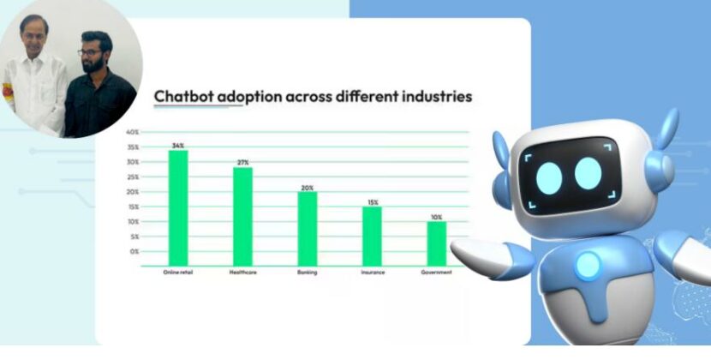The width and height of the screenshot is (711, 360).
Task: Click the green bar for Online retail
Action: click(178, 208)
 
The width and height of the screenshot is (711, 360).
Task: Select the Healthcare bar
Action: click(243, 216)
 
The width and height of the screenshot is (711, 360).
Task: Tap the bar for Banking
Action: click(308, 228)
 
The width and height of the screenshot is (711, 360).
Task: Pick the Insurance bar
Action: click(372, 236)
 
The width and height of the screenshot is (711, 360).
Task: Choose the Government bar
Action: click(437, 243)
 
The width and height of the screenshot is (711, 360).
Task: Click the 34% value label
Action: click(178, 146)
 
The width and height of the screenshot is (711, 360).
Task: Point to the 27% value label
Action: click(243, 162)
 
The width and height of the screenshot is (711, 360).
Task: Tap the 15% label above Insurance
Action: click(372, 202)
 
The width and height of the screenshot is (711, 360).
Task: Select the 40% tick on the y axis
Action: click(133, 133)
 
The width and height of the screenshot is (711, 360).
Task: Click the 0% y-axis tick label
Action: click(134, 251)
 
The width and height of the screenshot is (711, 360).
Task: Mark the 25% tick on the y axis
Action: click(133, 177)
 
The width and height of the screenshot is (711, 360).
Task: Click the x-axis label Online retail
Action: click(177, 273)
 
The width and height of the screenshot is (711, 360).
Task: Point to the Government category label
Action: click(436, 273)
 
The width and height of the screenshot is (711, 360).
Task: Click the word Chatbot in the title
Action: click(182, 97)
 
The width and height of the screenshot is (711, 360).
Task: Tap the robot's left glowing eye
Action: click(549, 177)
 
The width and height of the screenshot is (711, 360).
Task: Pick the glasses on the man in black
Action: click(89, 52)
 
